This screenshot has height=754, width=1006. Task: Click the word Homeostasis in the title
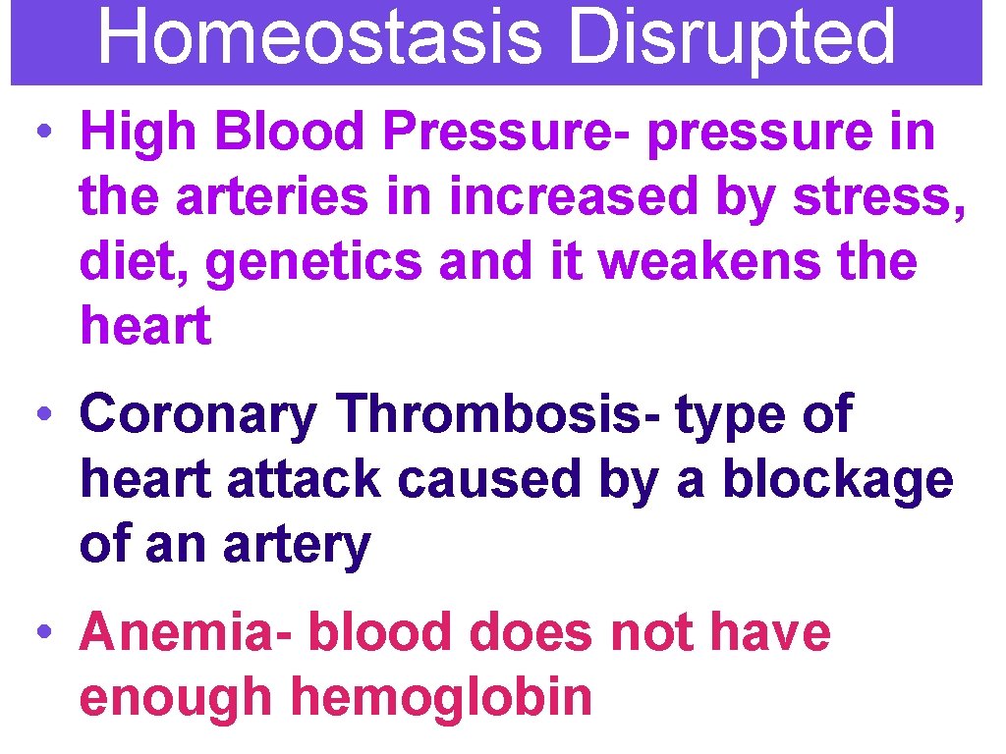tap(320, 37)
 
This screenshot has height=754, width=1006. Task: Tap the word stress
tap(876, 196)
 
